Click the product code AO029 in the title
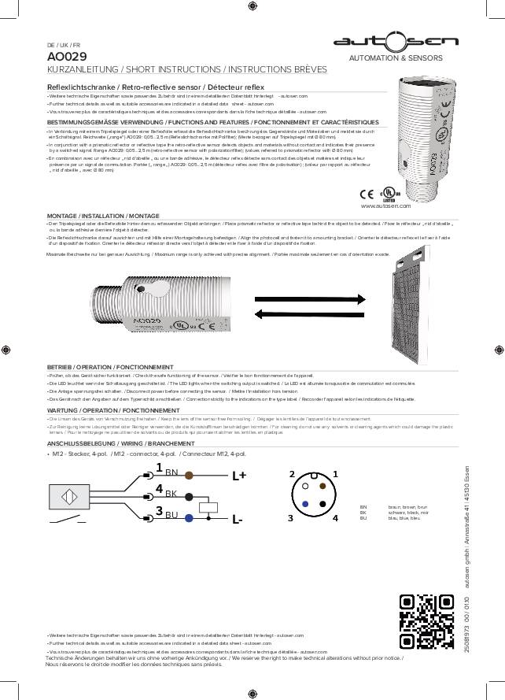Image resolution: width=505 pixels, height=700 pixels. [67, 57]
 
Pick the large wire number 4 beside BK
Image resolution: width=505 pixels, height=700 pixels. [159, 490]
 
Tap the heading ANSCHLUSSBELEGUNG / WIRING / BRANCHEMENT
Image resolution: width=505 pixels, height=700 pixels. [115, 444]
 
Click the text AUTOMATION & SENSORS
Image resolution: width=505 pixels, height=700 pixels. [400, 58]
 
